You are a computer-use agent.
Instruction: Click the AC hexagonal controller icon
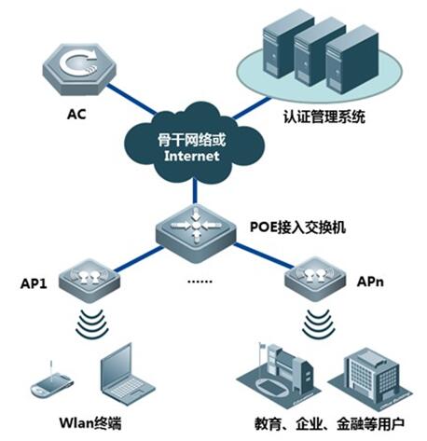click(x=79, y=69)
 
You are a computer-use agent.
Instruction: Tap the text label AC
click(x=76, y=114)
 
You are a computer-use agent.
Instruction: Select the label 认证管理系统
click(x=324, y=117)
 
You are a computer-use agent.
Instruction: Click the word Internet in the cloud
click(x=192, y=156)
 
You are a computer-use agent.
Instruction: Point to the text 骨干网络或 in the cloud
click(x=191, y=140)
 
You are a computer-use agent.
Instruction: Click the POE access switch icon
click(x=196, y=232)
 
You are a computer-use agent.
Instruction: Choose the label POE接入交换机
click(x=297, y=227)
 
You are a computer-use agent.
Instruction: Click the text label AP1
click(x=34, y=283)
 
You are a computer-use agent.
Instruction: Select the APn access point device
click(x=315, y=279)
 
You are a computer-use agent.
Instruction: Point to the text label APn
click(x=370, y=282)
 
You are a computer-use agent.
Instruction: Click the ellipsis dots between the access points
click(x=200, y=282)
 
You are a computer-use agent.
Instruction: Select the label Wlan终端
click(x=90, y=422)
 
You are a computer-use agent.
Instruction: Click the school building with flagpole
click(x=279, y=375)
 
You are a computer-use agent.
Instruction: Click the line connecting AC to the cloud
click(x=131, y=99)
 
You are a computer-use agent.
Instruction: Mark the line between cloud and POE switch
click(x=195, y=190)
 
